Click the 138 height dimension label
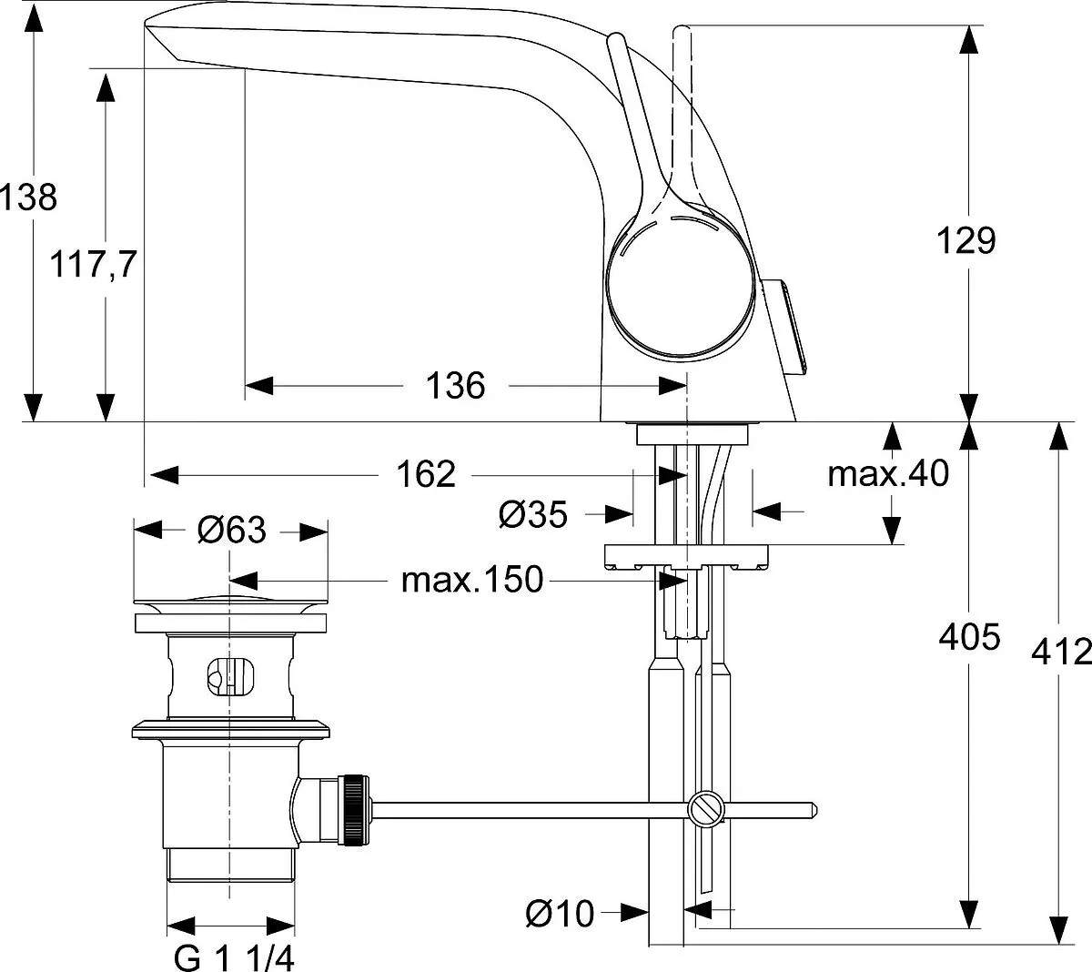point(28,197)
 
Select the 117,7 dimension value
point(93,265)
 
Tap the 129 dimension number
point(966,240)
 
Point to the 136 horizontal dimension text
point(455,386)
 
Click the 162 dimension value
point(426,474)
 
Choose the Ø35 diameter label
point(533,514)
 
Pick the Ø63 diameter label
point(232,530)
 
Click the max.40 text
point(888,474)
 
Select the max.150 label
point(472,580)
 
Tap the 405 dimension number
point(969,637)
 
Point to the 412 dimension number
point(1061,652)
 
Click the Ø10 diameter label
point(560,914)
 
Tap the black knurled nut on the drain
point(355,810)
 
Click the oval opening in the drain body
point(230,676)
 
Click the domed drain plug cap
point(230,606)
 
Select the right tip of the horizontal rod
point(817,809)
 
